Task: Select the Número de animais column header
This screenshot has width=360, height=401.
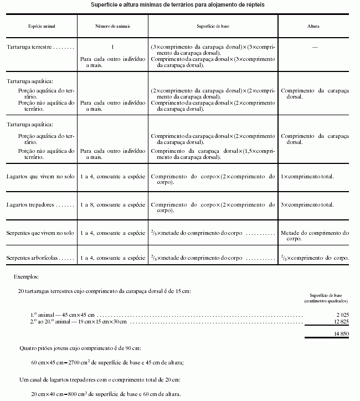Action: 112,26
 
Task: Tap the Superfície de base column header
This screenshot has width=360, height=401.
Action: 213,26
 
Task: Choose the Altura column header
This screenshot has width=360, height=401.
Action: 313,26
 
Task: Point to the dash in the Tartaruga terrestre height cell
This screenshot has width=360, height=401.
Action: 315,48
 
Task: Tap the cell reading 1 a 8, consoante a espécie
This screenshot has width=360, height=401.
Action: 112,205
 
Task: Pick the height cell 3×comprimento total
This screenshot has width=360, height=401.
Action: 307,205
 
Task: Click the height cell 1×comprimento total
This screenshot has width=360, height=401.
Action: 307,176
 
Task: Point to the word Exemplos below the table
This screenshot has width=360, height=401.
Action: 27,275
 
